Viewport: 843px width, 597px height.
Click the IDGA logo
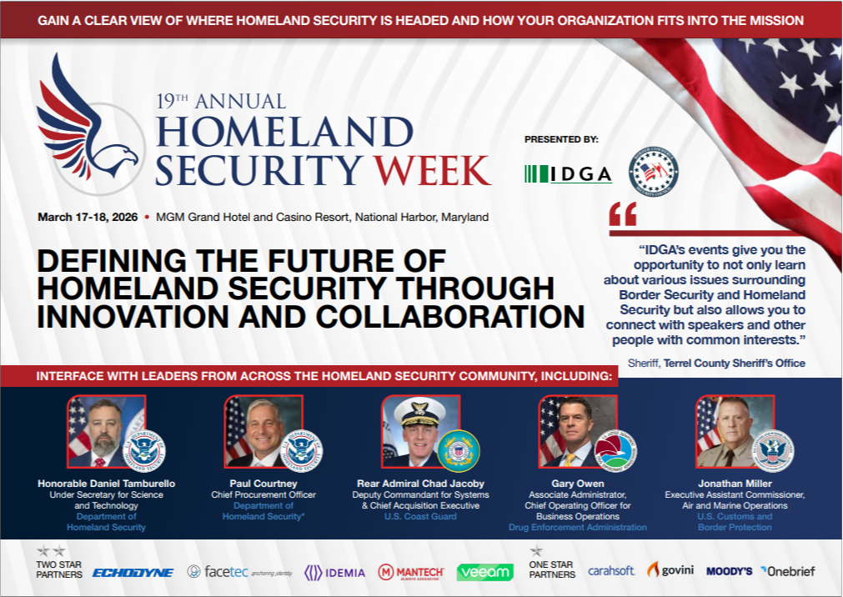569,174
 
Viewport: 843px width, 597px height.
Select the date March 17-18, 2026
88,217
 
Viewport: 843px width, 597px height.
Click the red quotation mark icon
623,214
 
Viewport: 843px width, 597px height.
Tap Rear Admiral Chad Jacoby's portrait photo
416,431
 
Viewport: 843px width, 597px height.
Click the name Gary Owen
577,484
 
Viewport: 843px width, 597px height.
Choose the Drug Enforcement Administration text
578,527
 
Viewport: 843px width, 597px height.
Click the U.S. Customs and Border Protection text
735,521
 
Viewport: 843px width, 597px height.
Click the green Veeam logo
484,572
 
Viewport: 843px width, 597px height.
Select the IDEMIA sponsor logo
333,572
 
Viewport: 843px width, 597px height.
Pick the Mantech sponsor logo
411,572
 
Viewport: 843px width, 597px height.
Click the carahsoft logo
611,571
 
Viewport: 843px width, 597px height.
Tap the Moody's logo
730,571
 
